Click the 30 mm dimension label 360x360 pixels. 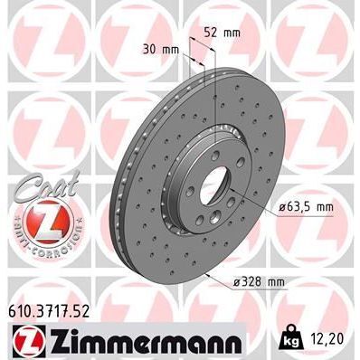point(159,50)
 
